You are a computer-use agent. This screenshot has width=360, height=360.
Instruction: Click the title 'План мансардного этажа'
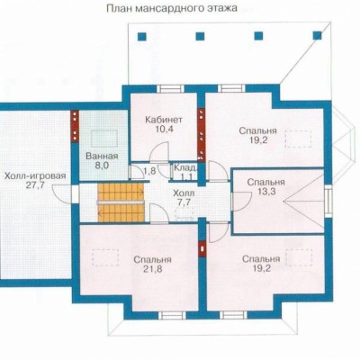172,8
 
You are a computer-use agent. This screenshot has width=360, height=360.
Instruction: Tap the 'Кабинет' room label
164,120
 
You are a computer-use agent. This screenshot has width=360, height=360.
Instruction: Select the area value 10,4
164,130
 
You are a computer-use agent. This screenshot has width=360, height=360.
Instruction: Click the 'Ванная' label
102,156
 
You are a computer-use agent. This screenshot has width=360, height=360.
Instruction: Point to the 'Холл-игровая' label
35,175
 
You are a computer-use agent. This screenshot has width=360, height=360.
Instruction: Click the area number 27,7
35,184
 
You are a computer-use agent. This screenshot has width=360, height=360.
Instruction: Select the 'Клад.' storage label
185,167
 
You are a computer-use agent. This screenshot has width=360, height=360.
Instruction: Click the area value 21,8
153,269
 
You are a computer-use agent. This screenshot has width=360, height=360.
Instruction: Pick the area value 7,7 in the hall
184,202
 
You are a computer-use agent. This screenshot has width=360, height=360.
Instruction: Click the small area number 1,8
149,171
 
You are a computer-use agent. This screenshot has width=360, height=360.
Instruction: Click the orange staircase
121,202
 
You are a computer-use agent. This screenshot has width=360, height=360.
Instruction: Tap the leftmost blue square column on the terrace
142,37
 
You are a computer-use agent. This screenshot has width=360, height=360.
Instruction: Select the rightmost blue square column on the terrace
317,36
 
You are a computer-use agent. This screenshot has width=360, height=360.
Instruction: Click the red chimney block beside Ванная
75,126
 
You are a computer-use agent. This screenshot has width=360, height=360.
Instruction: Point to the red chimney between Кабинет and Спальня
201,134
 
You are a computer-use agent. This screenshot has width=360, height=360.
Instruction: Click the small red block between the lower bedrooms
202,249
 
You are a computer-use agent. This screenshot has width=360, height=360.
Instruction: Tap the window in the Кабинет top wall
171,88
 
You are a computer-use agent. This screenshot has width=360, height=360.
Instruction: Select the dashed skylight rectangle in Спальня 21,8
105,257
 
